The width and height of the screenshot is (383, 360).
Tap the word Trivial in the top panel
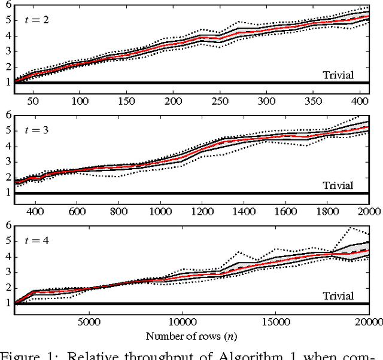pyautogui.click(x=338, y=75)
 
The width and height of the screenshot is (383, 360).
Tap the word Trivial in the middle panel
pyautogui.click(x=338, y=185)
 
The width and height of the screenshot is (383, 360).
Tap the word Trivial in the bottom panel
pyautogui.click(x=338, y=295)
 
